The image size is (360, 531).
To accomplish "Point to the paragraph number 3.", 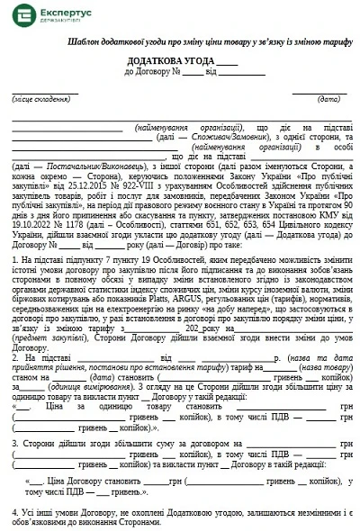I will [x=16, y=445].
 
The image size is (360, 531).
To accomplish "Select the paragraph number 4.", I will [x=16, y=513].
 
